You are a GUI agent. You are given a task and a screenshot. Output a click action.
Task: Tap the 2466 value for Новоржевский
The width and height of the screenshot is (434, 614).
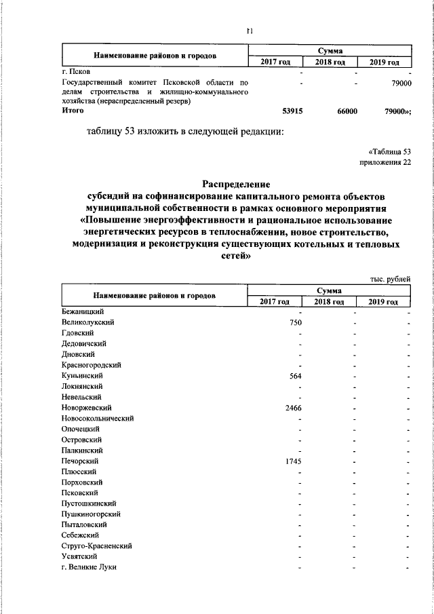(x=293, y=407)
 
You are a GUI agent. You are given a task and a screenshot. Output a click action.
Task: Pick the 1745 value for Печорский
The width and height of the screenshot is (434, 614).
(x=293, y=461)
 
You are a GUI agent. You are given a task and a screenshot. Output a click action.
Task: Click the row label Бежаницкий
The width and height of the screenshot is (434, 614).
(x=82, y=311)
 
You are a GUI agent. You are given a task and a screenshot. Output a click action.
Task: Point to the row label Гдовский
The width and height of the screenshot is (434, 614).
(x=77, y=333)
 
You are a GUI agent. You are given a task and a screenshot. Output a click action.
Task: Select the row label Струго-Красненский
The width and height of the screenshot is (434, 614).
(x=96, y=545)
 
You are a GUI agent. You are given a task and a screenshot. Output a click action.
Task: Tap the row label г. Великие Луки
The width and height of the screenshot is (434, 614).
(x=89, y=567)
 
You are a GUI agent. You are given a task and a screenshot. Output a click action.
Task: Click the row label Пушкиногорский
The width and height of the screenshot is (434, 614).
(x=92, y=514)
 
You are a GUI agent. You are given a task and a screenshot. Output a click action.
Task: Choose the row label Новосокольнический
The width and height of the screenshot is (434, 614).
(x=97, y=418)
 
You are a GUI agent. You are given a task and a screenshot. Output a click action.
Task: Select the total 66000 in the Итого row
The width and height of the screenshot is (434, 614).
(x=347, y=111)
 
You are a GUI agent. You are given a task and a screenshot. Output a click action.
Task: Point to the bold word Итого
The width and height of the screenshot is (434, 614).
(x=73, y=110)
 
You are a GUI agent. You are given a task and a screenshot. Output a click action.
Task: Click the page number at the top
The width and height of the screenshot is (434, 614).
(x=250, y=31)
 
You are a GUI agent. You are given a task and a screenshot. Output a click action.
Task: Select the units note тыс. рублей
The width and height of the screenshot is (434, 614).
(x=390, y=279)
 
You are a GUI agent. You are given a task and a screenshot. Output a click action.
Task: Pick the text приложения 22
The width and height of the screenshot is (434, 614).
(x=385, y=162)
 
